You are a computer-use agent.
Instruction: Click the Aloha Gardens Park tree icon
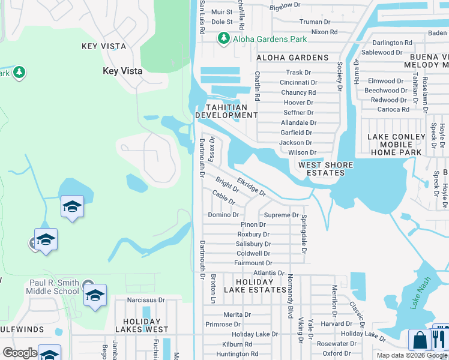coord(223,38)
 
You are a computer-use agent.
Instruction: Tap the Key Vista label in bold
coord(122,71)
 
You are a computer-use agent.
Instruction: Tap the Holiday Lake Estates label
coord(253,286)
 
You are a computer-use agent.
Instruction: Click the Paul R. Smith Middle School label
coord(54,287)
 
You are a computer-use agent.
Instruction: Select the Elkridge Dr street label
coord(252,185)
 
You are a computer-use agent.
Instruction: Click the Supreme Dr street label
coord(282,215)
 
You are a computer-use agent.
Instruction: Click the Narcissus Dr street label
coord(145,299)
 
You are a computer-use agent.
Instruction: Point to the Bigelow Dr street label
coord(285,5)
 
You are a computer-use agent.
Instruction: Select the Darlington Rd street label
coord(392,43)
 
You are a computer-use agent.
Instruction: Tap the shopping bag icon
coord(420,340)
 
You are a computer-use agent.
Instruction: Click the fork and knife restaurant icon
coord(441,340)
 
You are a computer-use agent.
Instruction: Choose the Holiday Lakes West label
coord(142,325)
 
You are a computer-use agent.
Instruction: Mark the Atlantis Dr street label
coord(269,272)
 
